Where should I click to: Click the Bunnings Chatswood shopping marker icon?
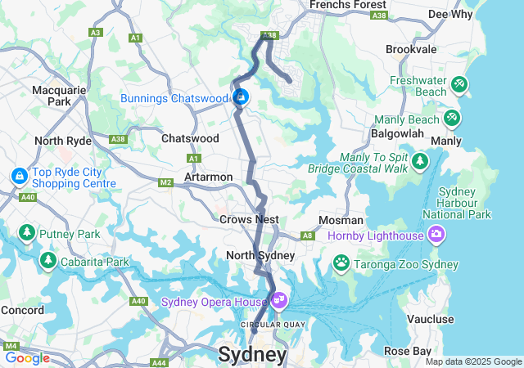242,99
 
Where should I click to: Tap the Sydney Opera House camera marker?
279,301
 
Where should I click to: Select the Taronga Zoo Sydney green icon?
341,263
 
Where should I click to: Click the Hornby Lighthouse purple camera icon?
436,236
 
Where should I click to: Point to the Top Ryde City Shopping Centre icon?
18,176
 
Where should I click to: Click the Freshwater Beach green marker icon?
459,83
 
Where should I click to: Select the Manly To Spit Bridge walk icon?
421,160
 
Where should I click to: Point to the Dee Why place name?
450,14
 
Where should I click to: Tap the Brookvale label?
412,49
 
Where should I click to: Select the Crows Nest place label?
249,219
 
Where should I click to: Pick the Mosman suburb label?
341,220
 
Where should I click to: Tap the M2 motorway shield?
166,182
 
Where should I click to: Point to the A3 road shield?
96,33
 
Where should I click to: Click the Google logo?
27,357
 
